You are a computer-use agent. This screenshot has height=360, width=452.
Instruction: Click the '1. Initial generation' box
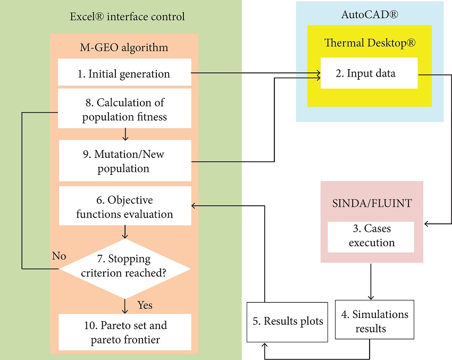(x=124, y=73)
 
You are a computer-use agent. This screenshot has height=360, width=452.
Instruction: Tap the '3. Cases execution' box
(x=371, y=236)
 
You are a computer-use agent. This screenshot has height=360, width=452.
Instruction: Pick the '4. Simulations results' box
(x=374, y=321)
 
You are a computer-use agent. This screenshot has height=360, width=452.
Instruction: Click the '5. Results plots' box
(x=288, y=322)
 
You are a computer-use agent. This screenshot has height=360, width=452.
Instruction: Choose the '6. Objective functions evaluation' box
(x=124, y=207)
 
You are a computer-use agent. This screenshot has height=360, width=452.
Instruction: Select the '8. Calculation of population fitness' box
(x=124, y=109)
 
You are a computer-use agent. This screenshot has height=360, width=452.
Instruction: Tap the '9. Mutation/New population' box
(x=124, y=161)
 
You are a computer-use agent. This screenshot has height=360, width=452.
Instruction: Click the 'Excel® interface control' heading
(x=127, y=16)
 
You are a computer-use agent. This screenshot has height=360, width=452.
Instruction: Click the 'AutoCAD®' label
(x=369, y=15)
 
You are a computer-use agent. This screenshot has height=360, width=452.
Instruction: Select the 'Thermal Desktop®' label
(x=370, y=43)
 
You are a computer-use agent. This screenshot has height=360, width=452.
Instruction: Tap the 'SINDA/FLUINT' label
(x=371, y=203)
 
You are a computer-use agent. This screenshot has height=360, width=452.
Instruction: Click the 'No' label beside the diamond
(x=58, y=256)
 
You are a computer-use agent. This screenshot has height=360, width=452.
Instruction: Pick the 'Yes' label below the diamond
(x=145, y=305)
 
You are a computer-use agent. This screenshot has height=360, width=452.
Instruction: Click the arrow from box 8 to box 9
(x=125, y=134)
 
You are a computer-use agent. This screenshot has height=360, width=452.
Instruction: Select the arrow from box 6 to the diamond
(x=125, y=233)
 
